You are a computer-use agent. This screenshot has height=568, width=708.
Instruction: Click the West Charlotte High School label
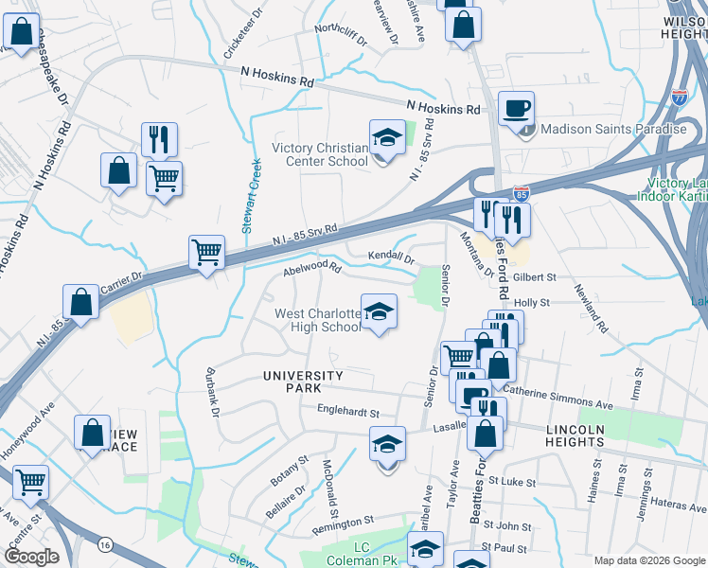point(318,320)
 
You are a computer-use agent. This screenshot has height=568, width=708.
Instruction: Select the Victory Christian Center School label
point(320,154)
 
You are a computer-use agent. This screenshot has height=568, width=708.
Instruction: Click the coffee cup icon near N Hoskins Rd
point(516,109)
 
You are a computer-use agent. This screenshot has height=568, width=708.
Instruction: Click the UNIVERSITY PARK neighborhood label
point(306,382)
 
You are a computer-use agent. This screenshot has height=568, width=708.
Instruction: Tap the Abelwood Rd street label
point(311,270)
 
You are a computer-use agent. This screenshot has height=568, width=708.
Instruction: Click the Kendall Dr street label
point(391,257)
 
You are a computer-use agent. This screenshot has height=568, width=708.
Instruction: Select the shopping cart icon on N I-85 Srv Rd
point(206,253)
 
